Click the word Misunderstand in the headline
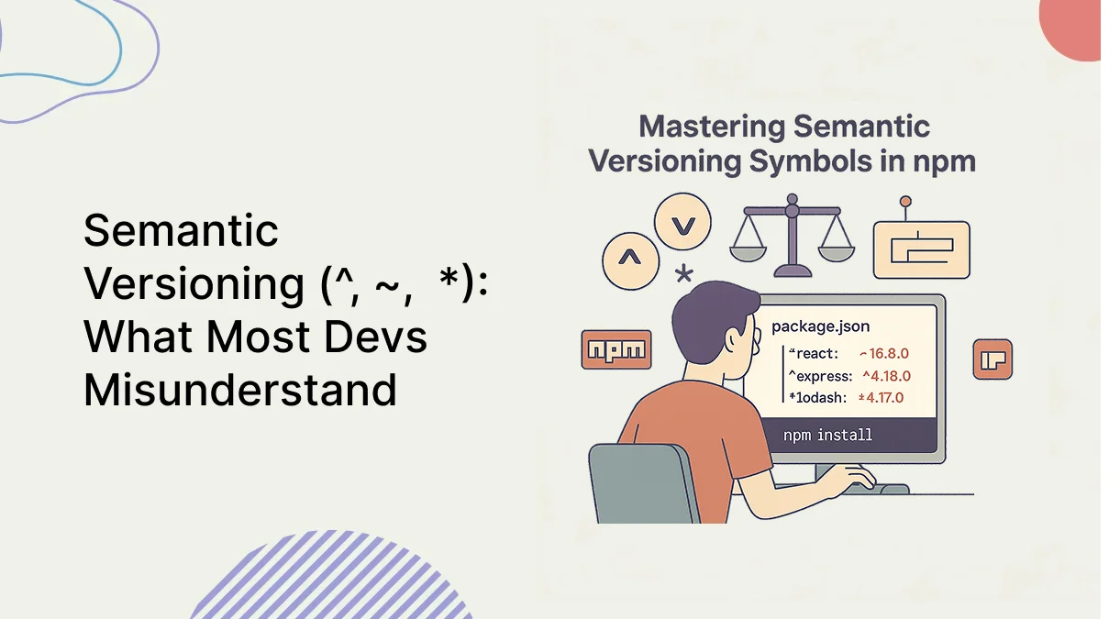240,390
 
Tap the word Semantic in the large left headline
181,230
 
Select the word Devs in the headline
375,336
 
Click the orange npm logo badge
616,349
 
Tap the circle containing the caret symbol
630,260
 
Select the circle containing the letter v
683,222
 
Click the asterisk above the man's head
684,273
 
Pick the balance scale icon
792,236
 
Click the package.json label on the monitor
820,326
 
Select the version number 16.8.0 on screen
889,353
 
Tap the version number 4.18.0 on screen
891,376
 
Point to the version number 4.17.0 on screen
884,398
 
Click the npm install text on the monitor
827,435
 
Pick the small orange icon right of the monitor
992,359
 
